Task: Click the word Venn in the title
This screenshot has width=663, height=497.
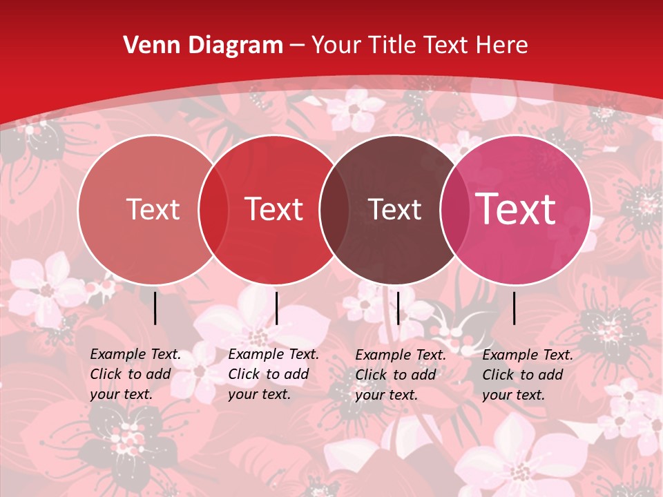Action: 144,46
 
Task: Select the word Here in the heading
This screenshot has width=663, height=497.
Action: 502,46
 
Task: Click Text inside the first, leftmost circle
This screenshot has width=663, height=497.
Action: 153,209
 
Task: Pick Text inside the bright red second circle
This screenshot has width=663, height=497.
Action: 274,209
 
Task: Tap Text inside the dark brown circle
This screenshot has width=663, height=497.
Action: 395,209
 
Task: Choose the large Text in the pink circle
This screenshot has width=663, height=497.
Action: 516,209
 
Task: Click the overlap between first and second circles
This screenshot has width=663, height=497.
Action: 213,209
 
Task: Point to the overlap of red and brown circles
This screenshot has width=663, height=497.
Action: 334,209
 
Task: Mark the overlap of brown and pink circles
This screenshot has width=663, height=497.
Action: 455,209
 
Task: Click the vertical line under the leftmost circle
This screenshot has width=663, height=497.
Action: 155,308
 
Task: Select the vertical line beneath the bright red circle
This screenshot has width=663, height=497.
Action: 276,308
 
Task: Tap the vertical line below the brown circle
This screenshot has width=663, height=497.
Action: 398,308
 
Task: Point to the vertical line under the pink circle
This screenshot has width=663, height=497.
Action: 515,308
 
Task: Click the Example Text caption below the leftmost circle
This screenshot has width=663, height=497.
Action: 135,374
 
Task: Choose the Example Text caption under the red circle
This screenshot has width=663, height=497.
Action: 273,374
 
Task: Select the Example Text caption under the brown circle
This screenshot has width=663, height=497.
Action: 401,375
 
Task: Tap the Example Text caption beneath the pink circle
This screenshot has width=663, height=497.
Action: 528,375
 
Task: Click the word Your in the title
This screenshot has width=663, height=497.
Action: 337,46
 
